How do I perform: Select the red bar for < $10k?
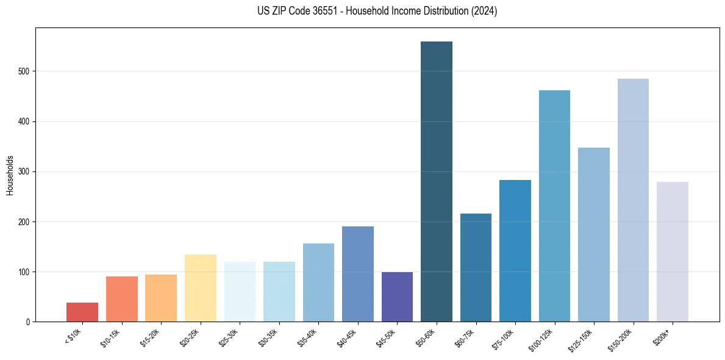82,312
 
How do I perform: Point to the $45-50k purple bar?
397,297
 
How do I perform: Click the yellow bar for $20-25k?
201,288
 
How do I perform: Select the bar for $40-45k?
358,274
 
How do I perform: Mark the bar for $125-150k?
594,234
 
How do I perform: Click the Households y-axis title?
10,175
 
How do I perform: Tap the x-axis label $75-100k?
502,338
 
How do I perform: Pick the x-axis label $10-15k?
110,337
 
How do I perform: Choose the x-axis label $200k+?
662,336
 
